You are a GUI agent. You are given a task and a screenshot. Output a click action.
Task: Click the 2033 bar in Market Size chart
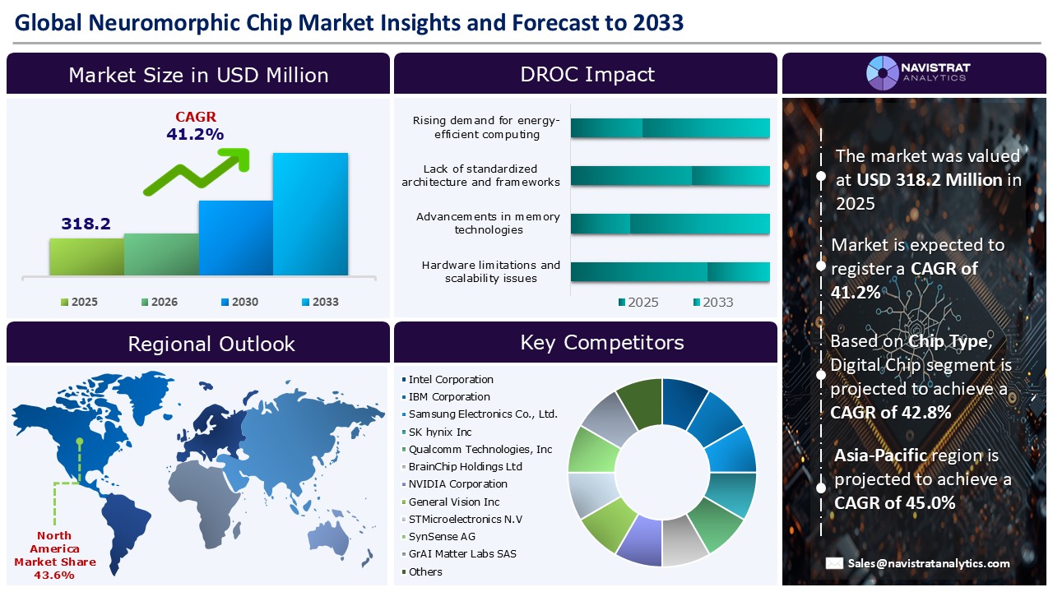point(310,214)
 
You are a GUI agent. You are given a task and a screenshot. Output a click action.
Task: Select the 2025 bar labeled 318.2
point(86,257)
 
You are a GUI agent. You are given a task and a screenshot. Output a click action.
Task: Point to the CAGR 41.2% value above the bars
point(196,134)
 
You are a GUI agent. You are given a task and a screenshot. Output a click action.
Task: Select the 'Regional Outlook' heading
point(211,344)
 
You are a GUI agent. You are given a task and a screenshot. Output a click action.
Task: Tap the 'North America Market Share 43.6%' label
point(55,556)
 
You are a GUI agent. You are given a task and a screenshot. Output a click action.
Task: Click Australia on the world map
point(331,536)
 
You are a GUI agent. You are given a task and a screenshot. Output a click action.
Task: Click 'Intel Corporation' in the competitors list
point(450,380)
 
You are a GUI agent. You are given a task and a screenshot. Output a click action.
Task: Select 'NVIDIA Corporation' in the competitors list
point(457,484)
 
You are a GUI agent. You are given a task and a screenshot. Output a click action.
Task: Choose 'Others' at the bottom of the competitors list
point(424,572)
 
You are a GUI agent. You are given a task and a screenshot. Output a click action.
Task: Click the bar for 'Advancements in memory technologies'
point(670,224)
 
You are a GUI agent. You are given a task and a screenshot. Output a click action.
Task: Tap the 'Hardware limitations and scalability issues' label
point(490,272)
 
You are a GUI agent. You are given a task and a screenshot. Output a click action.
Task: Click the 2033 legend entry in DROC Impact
point(712,303)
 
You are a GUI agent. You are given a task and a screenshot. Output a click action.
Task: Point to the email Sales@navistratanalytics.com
point(930,563)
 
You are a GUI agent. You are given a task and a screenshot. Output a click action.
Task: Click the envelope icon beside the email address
point(834,563)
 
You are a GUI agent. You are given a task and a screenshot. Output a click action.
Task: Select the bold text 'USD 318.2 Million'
point(929,179)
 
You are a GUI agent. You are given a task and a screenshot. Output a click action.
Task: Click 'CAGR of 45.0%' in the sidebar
point(894,502)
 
